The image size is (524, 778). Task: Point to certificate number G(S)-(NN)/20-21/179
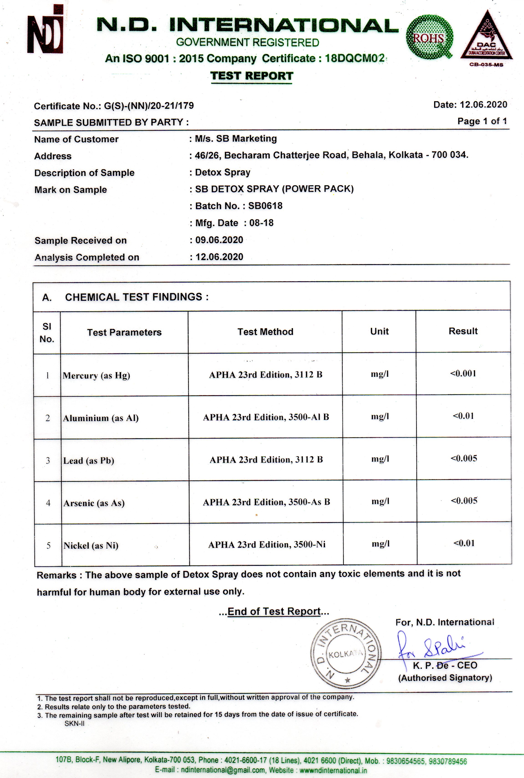click(x=149, y=106)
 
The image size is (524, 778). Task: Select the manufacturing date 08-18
click(x=261, y=223)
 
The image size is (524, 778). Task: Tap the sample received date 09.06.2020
click(x=219, y=240)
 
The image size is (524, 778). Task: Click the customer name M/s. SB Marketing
click(x=236, y=139)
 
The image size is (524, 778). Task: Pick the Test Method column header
click(x=265, y=332)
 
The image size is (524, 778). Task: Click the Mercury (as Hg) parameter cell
click(x=96, y=376)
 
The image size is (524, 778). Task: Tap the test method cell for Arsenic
click(x=266, y=502)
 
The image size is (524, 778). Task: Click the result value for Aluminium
click(x=463, y=416)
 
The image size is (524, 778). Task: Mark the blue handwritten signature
click(x=434, y=646)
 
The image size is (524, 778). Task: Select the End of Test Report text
click(x=274, y=611)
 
